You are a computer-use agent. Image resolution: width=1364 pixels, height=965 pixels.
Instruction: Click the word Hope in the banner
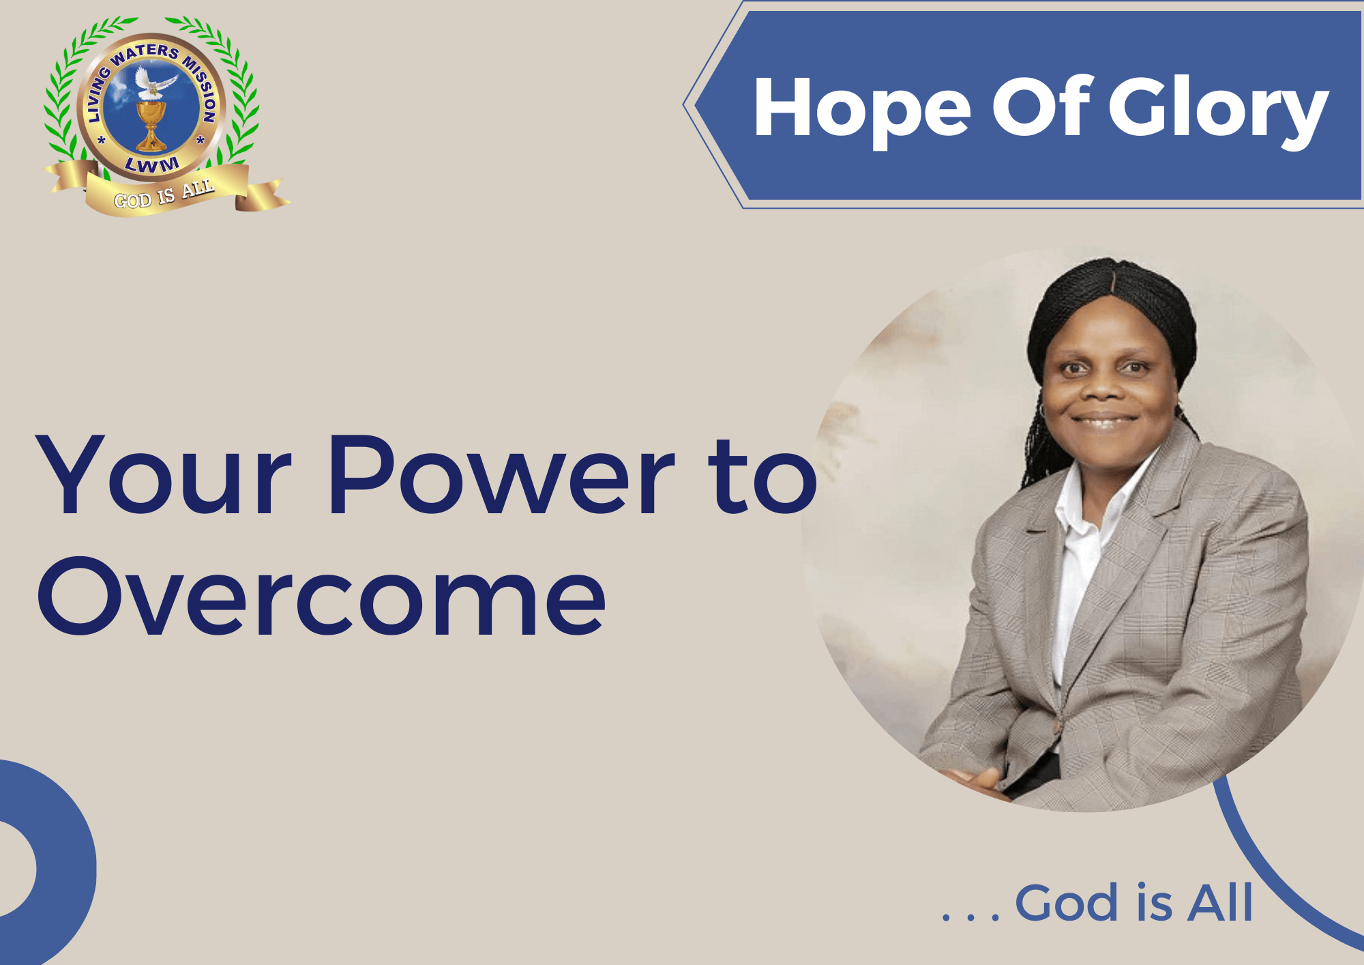pos(862,109)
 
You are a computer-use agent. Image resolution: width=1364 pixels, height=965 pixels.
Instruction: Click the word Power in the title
pos(501,474)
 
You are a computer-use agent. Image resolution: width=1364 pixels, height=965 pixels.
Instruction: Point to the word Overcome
pos(321,596)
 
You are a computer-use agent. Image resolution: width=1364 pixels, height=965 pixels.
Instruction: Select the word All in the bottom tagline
pos(1220,902)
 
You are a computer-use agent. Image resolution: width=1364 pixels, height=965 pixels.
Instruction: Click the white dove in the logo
pos(154,82)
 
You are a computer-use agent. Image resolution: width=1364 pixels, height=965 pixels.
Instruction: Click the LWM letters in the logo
pos(152,164)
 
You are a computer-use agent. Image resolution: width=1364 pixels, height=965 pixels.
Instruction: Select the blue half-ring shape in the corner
pos(48,864)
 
